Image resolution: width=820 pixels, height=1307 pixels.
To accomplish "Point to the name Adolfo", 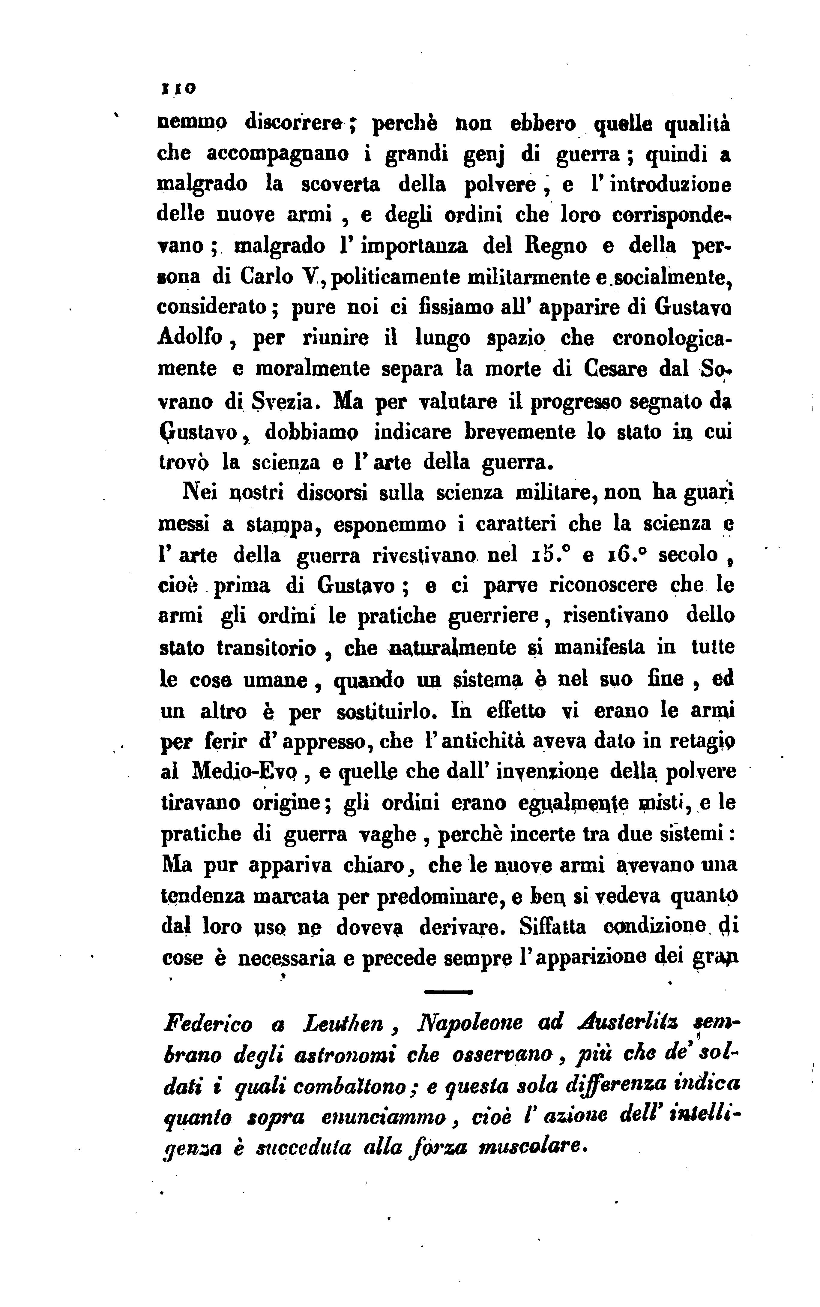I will click(190, 338).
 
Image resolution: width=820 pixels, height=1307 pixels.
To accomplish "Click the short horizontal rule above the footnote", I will click(447, 991).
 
